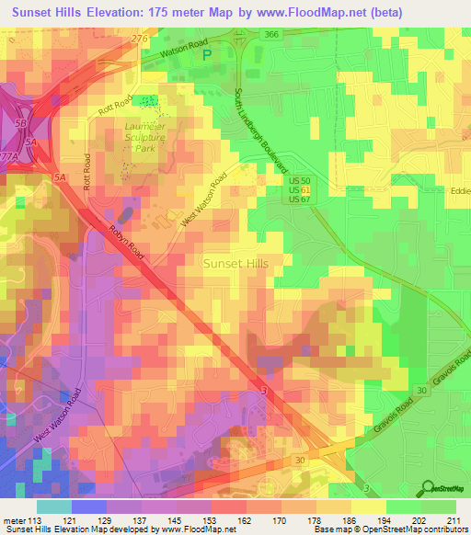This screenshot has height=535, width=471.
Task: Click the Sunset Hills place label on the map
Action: pyautogui.click(x=235, y=263)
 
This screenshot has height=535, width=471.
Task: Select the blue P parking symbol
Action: pyautogui.click(x=207, y=54)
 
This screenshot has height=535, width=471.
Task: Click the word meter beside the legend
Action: pyautogui.click(x=15, y=519)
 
